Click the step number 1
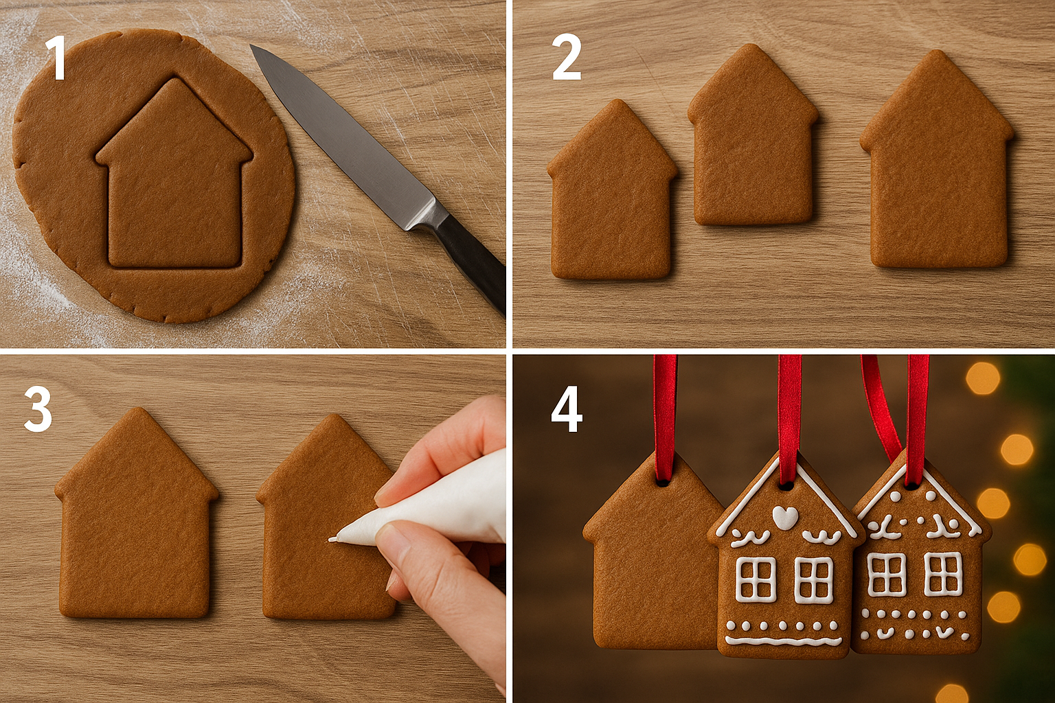tap(55, 59)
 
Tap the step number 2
tap(567, 59)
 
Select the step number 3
tap(38, 410)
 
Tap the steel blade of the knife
tap(343, 137)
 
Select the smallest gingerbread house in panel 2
tap(611, 199)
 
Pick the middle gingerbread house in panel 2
tap(753, 144)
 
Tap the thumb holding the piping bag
tap(405, 542)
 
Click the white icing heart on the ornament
tap(785, 516)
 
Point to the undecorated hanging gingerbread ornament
tap(649, 563)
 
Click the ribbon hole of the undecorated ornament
tap(663, 483)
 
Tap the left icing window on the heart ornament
tap(756, 579)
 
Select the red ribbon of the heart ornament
tap(789, 405)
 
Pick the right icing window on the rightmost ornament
tap(942, 574)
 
